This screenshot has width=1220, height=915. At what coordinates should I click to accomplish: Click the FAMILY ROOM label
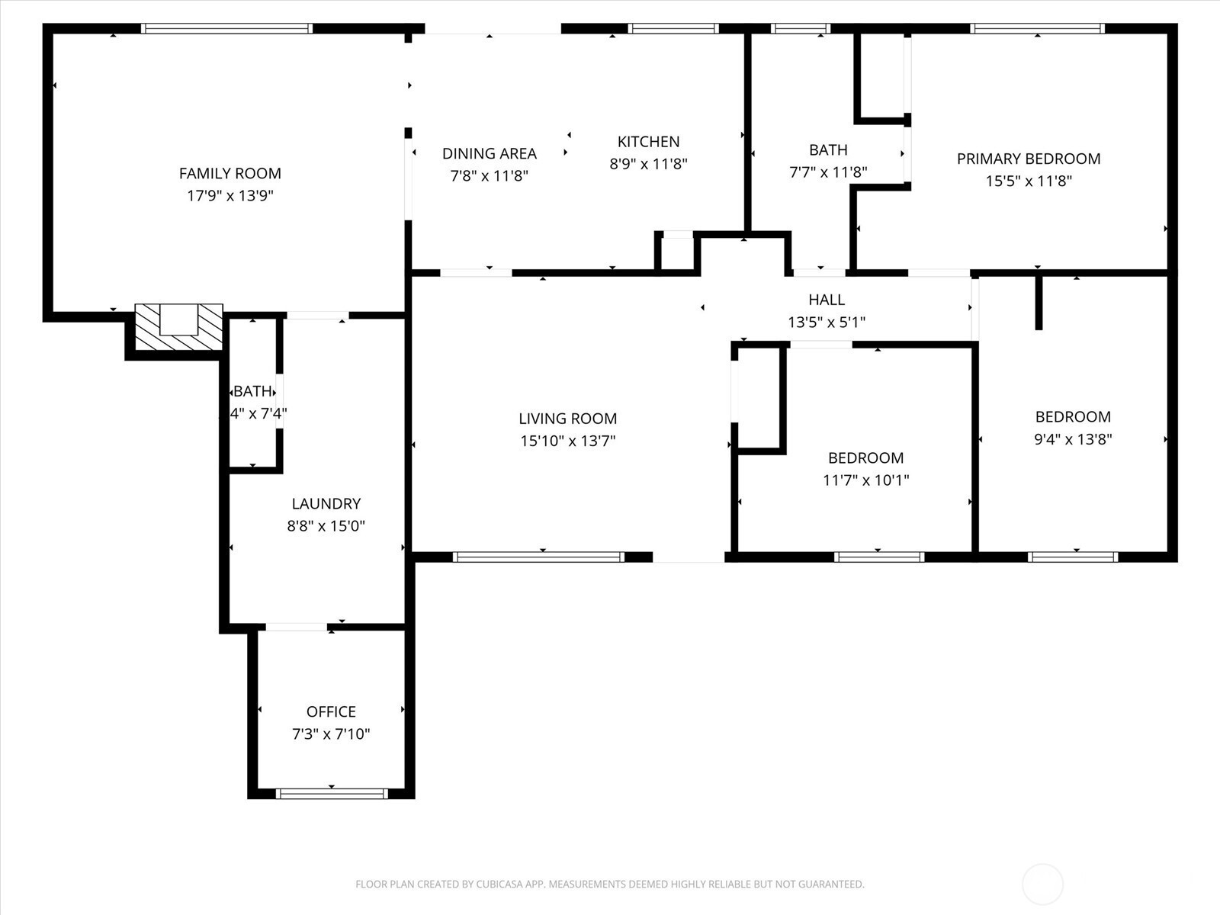[230, 173]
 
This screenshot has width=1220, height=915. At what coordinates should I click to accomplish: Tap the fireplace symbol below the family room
[179, 326]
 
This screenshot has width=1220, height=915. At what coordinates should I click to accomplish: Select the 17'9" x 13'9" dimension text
[230, 195]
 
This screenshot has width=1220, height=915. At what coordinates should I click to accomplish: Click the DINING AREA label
[489, 153]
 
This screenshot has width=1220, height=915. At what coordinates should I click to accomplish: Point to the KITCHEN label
[648, 141]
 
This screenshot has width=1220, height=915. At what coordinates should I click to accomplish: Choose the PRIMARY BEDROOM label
[1028, 159]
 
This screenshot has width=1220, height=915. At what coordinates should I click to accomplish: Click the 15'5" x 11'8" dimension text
[1028, 181]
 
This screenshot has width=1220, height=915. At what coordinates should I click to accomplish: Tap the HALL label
[827, 300]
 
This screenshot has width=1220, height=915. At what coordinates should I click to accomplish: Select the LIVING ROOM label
[567, 418]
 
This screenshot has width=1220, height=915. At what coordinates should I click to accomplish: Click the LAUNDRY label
[326, 503]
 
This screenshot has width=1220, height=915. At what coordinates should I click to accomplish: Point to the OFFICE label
[331, 711]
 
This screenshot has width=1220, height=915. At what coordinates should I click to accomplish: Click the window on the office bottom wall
[332, 794]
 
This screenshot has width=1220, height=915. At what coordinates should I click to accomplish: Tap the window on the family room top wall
[227, 29]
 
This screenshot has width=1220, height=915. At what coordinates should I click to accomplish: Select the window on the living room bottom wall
[538, 557]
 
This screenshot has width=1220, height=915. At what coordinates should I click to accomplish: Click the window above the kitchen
[673, 29]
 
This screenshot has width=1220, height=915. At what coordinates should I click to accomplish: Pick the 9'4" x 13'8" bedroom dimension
[1072, 439]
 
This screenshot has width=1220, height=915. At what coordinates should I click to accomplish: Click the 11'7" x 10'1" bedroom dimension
[865, 480]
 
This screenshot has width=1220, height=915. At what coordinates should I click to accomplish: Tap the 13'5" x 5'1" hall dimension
[827, 322]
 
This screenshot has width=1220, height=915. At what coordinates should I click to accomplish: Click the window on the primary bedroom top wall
[1037, 29]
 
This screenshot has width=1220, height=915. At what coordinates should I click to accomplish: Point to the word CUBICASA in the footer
[499, 884]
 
